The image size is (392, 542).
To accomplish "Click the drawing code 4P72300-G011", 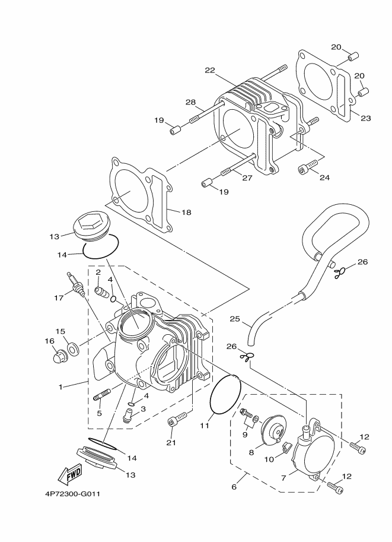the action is click(72, 494).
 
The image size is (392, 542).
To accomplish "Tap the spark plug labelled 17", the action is click(76, 282).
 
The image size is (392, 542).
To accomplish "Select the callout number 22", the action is click(210, 71).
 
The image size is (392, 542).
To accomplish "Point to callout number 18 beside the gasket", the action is click(186, 213).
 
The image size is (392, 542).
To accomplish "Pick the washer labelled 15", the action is click(73, 348).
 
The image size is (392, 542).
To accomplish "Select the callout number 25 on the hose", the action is click(234, 319).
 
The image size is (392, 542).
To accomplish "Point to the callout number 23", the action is click(366, 118).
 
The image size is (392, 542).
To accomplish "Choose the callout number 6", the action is click(234, 487).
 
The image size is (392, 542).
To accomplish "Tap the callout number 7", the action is click(283, 478).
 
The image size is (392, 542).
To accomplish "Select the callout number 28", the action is click(190, 102).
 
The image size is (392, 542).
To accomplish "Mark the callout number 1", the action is click(60, 387).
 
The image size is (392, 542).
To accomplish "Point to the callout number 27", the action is click(247, 178).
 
